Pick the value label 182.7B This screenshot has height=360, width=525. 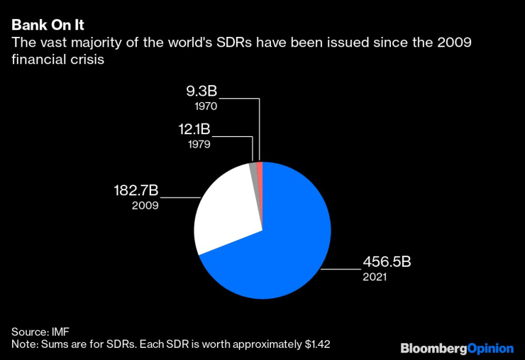coord(136,190)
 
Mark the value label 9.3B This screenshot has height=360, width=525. coord(202,92)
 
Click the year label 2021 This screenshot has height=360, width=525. coord(375,277)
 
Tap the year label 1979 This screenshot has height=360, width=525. coord(204,144)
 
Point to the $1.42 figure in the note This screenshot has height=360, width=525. coord(317,344)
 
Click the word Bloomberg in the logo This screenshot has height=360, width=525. coord(433,348)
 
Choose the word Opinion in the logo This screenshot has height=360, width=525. coord(490,348)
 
